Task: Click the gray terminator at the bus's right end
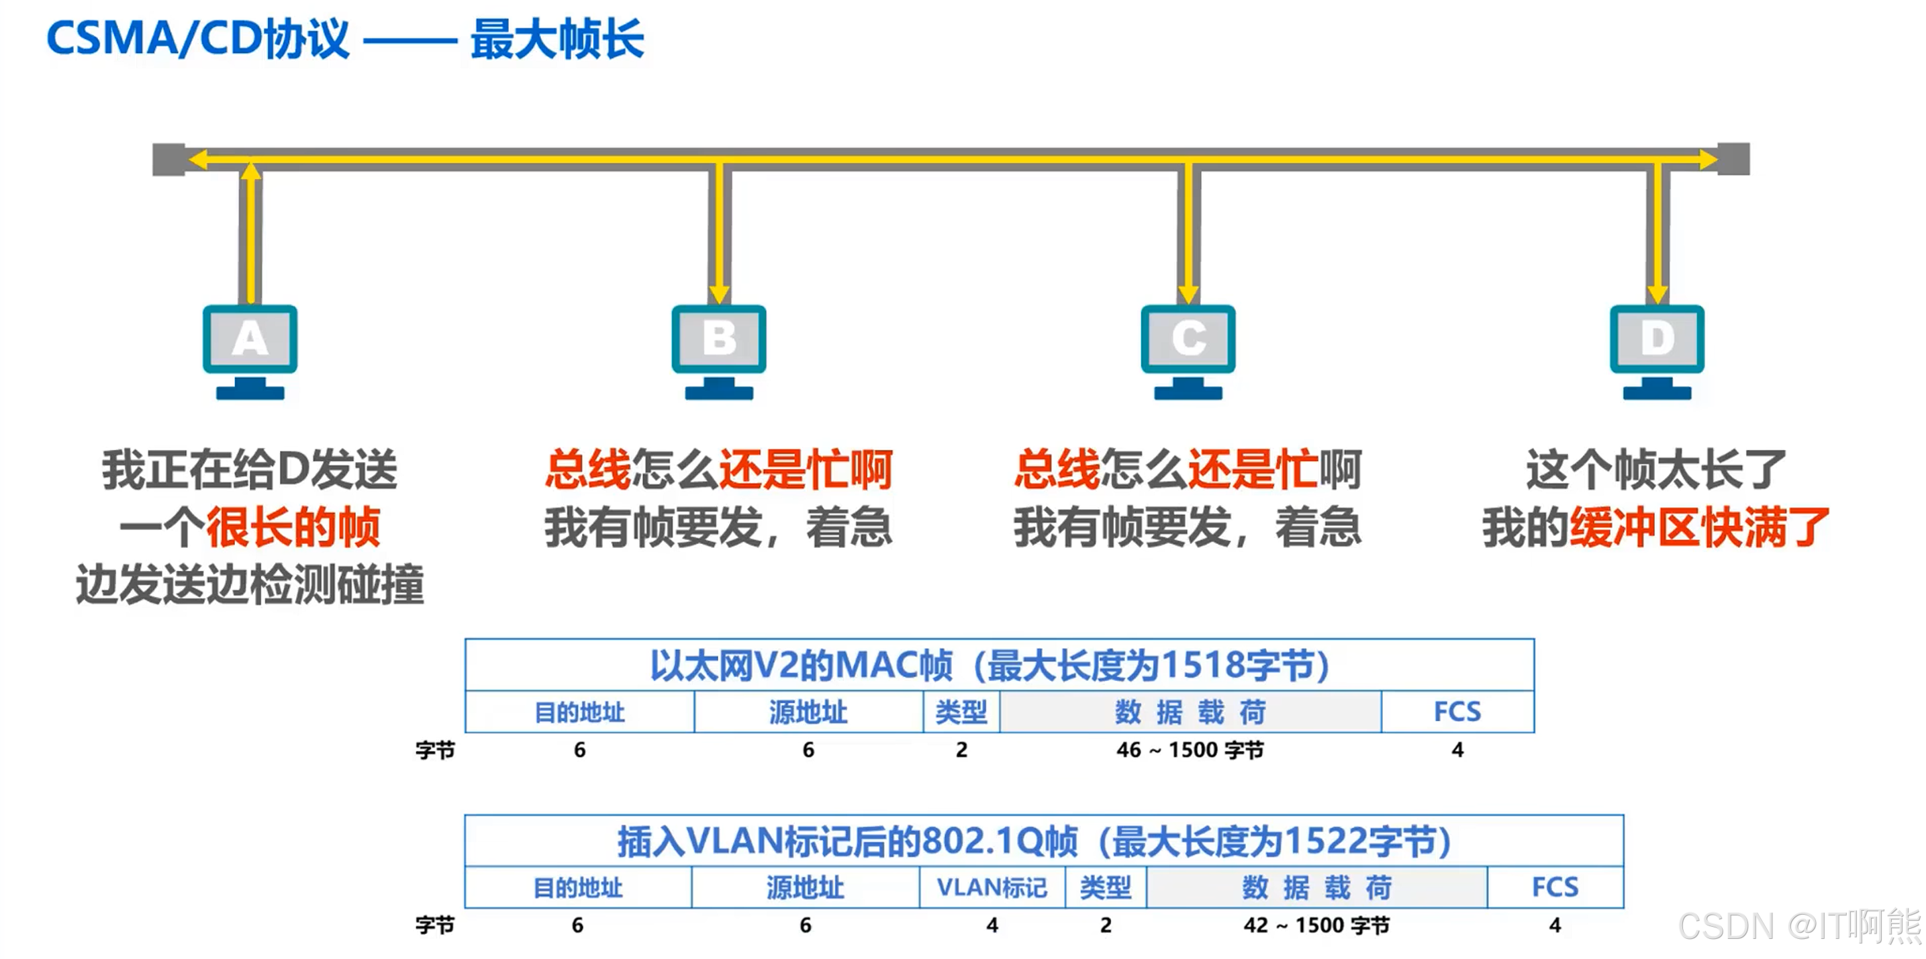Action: [1733, 158]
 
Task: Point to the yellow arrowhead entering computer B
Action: [719, 293]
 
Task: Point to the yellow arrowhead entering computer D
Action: [1657, 293]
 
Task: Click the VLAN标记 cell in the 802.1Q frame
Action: [992, 887]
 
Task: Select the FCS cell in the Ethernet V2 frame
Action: [1457, 711]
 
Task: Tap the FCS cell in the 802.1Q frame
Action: [1555, 887]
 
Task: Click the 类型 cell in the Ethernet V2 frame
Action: [961, 711]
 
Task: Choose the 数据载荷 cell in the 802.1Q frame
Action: [1316, 887]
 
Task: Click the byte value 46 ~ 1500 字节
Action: [1190, 749]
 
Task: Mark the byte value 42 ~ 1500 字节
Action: [1316, 925]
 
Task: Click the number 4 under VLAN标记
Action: [992, 925]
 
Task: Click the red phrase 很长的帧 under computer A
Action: [293, 527]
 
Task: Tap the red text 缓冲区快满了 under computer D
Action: [1698, 527]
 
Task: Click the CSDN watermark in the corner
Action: [1798, 926]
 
